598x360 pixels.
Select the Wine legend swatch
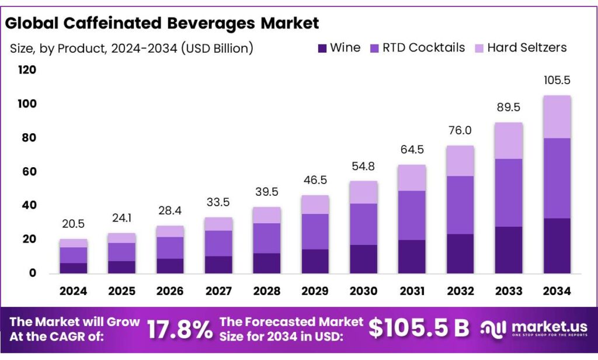[x=321, y=48]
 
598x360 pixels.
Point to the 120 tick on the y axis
[x=27, y=70]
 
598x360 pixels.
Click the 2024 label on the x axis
[x=73, y=291]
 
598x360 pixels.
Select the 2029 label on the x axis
[x=315, y=291]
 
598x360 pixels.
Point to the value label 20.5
[x=73, y=224]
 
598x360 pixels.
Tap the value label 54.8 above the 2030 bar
[x=363, y=166]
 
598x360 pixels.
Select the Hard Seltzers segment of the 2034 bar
[x=557, y=117]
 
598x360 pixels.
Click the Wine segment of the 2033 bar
[x=509, y=250]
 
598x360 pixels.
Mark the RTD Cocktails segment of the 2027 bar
[x=218, y=243]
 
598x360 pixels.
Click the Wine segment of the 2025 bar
[x=121, y=267]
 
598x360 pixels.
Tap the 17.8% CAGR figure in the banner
[x=179, y=330]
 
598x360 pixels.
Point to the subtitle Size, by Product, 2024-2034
[x=131, y=48]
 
